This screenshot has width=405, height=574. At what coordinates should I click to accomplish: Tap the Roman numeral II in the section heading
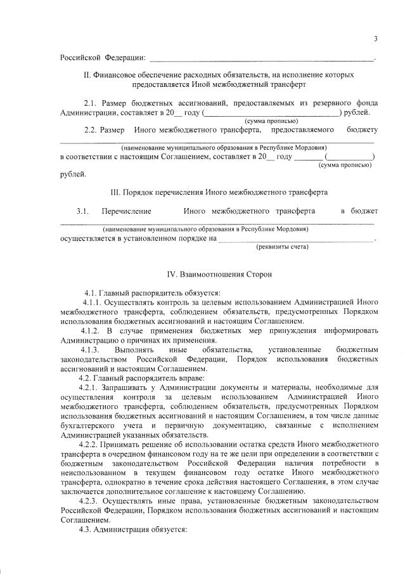click(87, 75)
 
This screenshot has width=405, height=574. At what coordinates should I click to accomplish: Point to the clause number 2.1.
click(92, 103)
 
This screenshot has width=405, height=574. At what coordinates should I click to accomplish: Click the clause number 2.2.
click(92, 130)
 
